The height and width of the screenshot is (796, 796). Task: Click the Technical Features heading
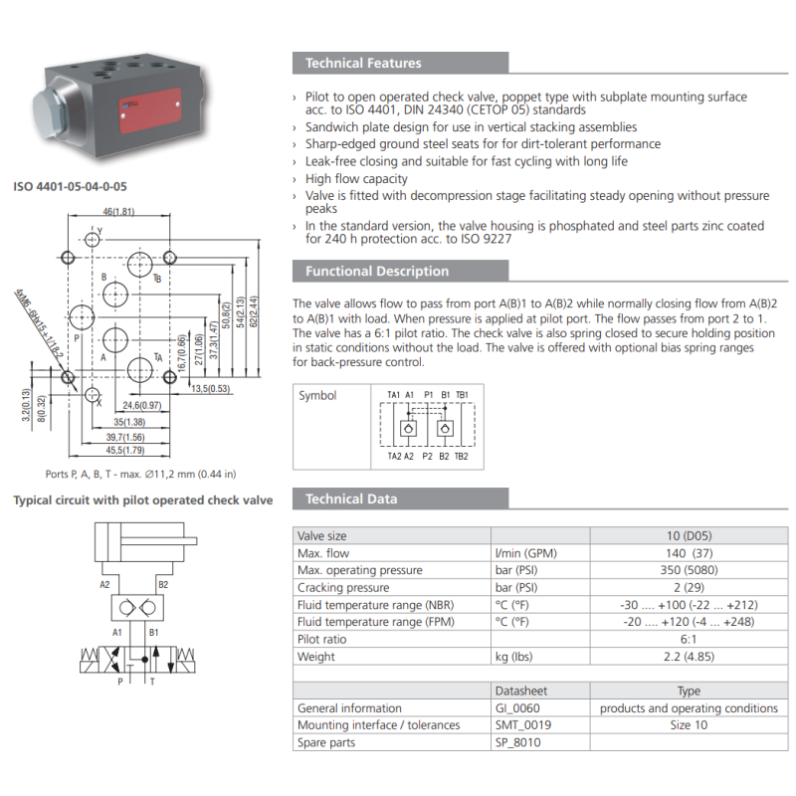pos(363,63)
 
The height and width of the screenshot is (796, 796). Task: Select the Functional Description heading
pos(377,271)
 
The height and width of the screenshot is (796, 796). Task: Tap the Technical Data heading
pos(351,499)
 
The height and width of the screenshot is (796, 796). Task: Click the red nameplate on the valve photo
pos(150,110)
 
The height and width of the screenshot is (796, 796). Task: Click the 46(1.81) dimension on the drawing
pos(118,211)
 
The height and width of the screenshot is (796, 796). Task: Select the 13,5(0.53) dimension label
pos(211,389)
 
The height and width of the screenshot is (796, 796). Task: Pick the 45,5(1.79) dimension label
pos(125,451)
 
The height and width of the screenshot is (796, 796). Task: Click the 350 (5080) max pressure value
pos(689,570)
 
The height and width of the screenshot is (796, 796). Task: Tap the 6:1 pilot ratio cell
pos(689,639)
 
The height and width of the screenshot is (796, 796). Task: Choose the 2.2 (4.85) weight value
pos(689,657)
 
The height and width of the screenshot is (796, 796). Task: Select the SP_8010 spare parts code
pos(517,742)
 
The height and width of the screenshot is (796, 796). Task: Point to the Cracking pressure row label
pos(343,587)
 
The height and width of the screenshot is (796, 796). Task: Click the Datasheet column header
pos(520,691)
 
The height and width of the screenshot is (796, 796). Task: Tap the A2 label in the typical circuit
pos(104,585)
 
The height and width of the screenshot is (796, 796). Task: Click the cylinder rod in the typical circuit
pos(158,541)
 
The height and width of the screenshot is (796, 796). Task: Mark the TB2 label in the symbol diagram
pos(461,457)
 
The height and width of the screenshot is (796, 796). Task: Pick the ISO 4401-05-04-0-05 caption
pos(70,186)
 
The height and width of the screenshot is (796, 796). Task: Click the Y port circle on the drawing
pos(92,239)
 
